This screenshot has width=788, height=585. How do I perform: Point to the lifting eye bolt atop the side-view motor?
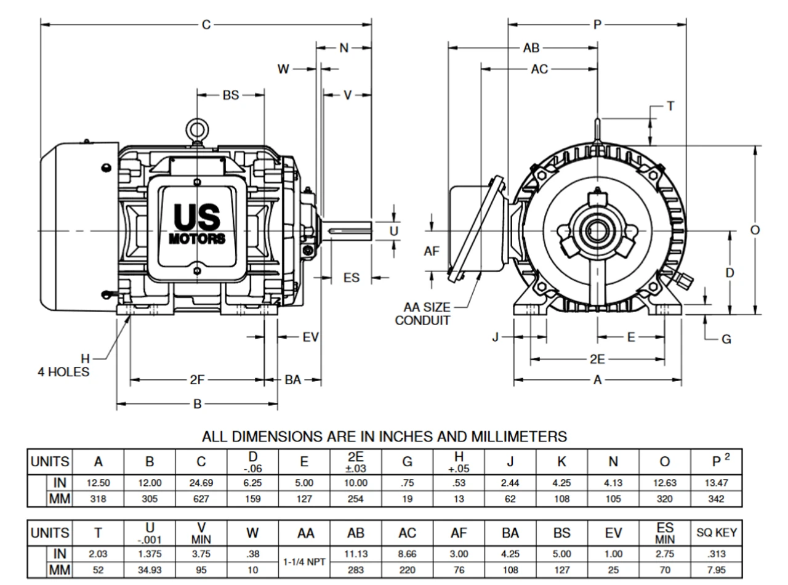[197, 131]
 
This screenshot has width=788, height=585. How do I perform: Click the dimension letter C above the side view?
[206, 25]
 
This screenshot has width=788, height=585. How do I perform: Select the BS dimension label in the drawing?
[230, 95]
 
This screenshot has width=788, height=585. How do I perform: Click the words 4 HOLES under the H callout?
[64, 371]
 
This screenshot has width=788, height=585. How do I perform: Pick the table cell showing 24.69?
[201, 483]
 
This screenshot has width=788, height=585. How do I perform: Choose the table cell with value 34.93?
[150, 570]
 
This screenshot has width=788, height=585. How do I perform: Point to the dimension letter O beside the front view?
[755, 230]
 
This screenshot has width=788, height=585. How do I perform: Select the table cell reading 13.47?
[717, 483]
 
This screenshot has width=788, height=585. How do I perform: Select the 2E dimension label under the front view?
[597, 360]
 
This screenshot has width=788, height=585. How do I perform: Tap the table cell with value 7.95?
[717, 570]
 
